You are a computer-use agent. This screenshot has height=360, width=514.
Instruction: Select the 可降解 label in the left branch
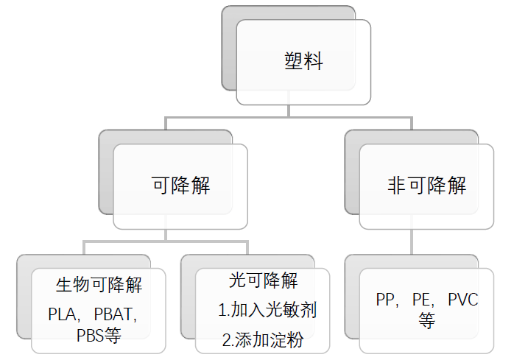pos(180,186)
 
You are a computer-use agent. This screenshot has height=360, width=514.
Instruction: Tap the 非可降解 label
pos(427,186)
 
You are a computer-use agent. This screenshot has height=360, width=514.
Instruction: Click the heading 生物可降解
pos(99,283)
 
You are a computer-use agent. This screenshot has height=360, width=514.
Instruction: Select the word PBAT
pos(117,315)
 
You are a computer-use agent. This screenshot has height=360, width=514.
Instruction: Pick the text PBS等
pos(98,336)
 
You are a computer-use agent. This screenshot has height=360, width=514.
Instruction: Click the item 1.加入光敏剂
pos(267,310)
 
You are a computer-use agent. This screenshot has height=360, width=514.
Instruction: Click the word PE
pos(423,300)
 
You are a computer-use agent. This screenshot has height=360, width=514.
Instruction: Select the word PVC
pos(462,300)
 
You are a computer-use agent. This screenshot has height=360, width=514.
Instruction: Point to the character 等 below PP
pos(427,321)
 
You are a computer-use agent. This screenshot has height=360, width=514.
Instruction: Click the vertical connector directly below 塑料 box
pos(289,110)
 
